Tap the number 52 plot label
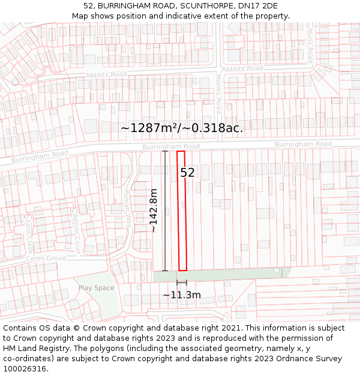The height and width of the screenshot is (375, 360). [x=188, y=173]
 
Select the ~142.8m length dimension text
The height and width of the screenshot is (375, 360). [x=153, y=211]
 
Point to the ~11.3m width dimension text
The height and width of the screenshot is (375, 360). [x=182, y=295]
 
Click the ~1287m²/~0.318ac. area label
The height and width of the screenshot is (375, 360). [x=182, y=128]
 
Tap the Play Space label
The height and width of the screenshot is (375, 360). [x=96, y=288]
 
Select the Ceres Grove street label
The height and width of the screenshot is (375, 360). [x=46, y=259]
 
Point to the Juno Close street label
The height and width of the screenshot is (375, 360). [x=29, y=235]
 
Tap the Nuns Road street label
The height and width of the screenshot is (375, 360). [x=310, y=46]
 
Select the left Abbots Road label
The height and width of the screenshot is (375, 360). [x=107, y=74]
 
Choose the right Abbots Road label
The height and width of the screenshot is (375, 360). [x=242, y=69]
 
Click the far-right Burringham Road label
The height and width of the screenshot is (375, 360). [x=303, y=144]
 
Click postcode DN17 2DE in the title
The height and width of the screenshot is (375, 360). [x=259, y=6]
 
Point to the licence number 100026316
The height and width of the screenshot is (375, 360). [x=26, y=369]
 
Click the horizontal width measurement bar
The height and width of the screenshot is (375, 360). [x=182, y=283]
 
